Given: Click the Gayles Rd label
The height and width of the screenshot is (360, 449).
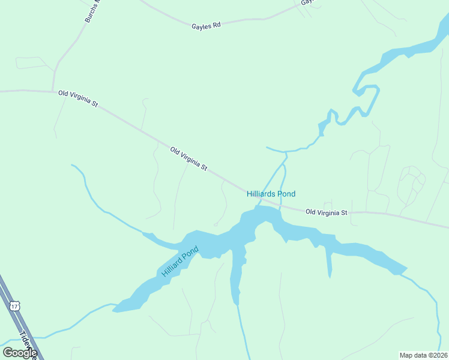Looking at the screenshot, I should pyautogui.click(x=206, y=25).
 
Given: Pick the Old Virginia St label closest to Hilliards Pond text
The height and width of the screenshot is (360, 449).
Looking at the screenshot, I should pyautogui.click(x=327, y=212).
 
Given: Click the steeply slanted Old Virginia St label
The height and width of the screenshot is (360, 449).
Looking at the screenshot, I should pyautogui.click(x=188, y=159).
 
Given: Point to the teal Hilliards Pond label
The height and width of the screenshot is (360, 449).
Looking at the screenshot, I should pyautogui.click(x=271, y=194).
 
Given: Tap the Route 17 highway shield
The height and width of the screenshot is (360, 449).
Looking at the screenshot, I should pyautogui.click(x=15, y=306).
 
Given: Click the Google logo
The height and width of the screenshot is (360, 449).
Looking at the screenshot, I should pyautogui.click(x=20, y=352).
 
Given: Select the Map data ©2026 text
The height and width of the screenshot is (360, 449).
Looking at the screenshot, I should pyautogui.click(x=423, y=355).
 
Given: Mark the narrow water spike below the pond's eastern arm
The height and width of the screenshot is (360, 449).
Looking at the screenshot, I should pyautogui.click(x=330, y=264).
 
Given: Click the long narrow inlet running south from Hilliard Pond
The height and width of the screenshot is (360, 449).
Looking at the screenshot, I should pyautogui.click(x=236, y=279).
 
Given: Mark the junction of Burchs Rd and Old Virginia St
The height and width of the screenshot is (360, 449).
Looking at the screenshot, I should pyautogui.click(x=53, y=91).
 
